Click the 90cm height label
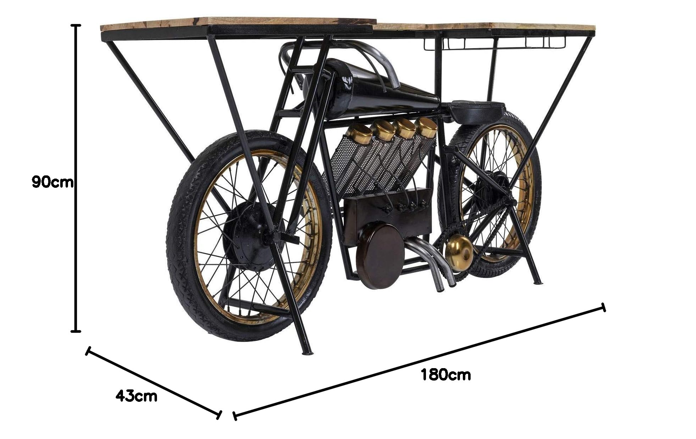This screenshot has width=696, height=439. (x=52, y=182)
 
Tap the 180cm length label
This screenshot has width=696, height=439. (x=445, y=375)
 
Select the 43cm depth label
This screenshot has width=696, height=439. (x=136, y=396)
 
